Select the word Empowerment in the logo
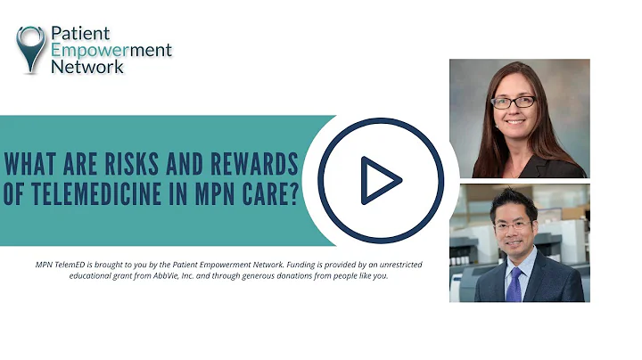pyautogui.click(x=111, y=51)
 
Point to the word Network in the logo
pyautogui.click(x=87, y=67)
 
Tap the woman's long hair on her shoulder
pyautogui.click(x=481, y=143)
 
